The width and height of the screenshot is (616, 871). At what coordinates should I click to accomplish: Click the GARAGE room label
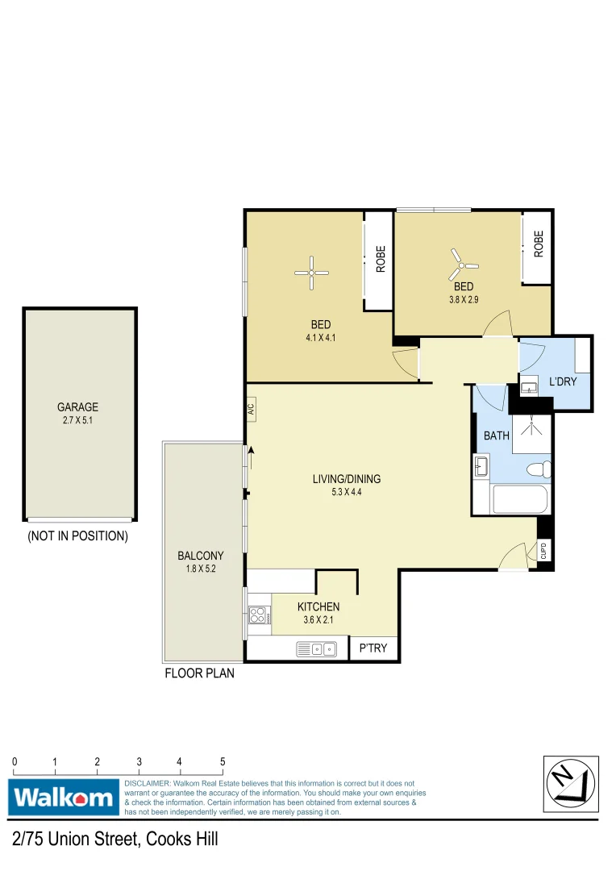[x=77, y=407]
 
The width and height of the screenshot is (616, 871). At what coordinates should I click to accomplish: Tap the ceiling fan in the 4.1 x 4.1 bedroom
[x=311, y=273]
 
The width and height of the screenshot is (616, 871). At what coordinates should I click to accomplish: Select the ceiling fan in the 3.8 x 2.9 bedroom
[x=463, y=262]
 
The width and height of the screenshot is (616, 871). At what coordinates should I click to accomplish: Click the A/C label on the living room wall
[x=252, y=409]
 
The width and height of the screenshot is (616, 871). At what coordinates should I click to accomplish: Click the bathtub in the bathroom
[x=520, y=499]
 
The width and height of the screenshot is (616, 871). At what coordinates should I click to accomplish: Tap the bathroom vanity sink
[x=481, y=466]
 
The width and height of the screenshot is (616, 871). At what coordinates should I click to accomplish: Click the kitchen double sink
[x=316, y=648]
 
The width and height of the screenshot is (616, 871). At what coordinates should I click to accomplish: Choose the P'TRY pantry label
[x=374, y=648]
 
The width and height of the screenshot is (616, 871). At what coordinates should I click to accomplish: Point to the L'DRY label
[x=563, y=381]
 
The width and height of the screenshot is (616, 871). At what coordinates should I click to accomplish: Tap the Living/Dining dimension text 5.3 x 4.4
[x=347, y=492]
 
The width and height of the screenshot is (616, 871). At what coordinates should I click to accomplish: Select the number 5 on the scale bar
[x=223, y=761]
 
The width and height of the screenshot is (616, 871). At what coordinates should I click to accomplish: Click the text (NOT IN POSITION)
[x=77, y=536]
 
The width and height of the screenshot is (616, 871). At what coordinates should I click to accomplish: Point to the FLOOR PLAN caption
[x=200, y=673]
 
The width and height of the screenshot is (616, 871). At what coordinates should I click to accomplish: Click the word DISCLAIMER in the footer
[x=147, y=783]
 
